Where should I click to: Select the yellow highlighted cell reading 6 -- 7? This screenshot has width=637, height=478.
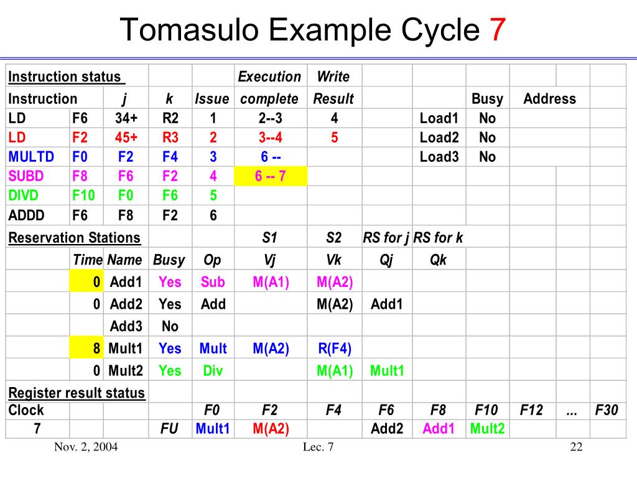[x=271, y=176]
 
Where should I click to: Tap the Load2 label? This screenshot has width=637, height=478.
[x=439, y=138]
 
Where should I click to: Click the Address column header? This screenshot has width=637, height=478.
[x=549, y=98]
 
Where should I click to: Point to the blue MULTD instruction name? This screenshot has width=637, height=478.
[x=31, y=157]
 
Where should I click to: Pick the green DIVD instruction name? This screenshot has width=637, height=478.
[x=24, y=196]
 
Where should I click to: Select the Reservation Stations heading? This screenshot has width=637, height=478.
[x=74, y=238]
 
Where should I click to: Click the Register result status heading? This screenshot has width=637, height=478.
[x=76, y=393]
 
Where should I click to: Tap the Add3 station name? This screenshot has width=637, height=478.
[x=126, y=326]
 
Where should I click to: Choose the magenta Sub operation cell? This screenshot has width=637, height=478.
[x=213, y=282]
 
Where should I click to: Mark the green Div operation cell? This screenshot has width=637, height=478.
[x=213, y=371]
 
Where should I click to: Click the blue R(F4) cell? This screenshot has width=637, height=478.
[x=335, y=349]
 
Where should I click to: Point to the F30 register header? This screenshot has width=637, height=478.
[x=607, y=410]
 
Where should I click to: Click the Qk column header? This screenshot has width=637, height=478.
[x=438, y=260]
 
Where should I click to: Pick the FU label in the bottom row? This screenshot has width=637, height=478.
[x=170, y=429]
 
